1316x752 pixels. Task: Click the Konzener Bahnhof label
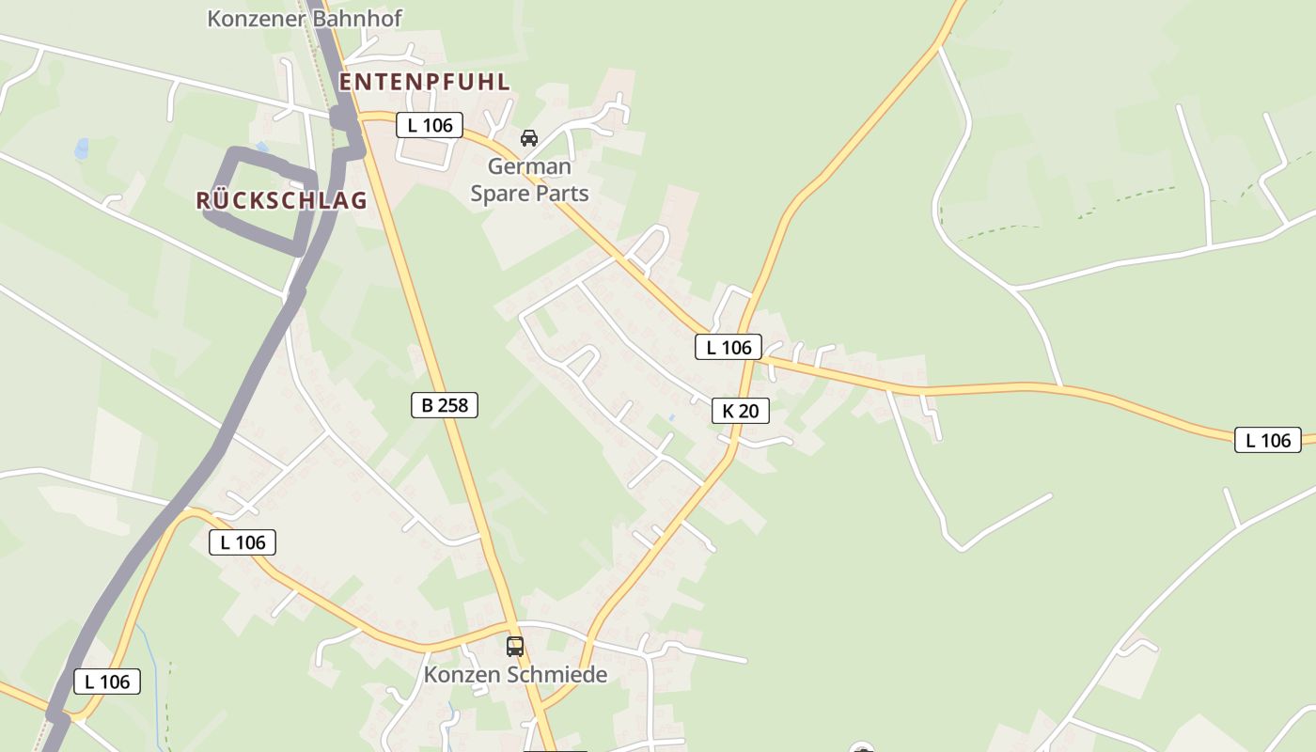(305, 18)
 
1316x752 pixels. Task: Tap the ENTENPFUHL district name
(425, 82)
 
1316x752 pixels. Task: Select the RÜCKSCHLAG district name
(281, 200)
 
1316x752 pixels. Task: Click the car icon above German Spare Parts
(529, 138)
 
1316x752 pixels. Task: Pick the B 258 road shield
(445, 405)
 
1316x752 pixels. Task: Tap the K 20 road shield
(741, 411)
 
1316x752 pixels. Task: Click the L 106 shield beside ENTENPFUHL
(430, 125)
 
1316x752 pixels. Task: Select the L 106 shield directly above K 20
(728, 347)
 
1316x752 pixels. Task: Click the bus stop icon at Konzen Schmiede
(515, 647)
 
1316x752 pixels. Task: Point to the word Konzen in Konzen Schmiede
(462, 675)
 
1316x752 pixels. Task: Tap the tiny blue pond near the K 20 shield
(670, 416)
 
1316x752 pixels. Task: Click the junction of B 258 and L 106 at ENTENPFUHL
(365, 117)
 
